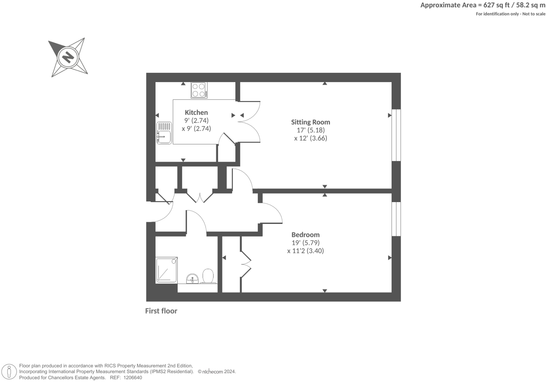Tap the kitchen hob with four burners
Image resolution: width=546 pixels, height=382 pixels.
tap(199, 90)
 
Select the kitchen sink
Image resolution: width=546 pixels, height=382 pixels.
tap(164, 133)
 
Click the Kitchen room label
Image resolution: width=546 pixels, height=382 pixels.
tap(196, 112)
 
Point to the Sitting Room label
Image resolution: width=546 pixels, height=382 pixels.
tap(310, 122)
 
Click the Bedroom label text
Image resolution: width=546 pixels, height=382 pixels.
tap(305, 235)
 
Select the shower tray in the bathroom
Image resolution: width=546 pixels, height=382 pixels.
tap(166, 270)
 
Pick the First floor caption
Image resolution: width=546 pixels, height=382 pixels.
tap(161, 311)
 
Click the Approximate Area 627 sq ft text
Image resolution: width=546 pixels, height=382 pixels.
tap(482, 5)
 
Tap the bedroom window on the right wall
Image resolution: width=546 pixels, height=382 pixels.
tap(396, 219)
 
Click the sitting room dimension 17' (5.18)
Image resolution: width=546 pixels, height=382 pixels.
tap(311, 130)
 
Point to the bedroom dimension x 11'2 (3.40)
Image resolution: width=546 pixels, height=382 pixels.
tap(305, 251)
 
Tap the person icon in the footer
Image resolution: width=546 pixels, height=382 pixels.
tap(10, 372)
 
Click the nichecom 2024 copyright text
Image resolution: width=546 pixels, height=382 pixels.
tap(217, 371)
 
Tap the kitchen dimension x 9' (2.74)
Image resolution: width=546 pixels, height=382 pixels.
tap(196, 129)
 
